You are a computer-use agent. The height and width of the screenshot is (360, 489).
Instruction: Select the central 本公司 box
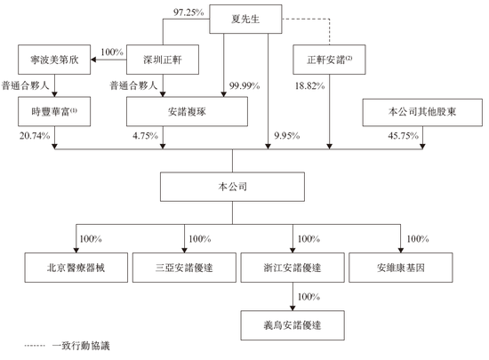point(232,188)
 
